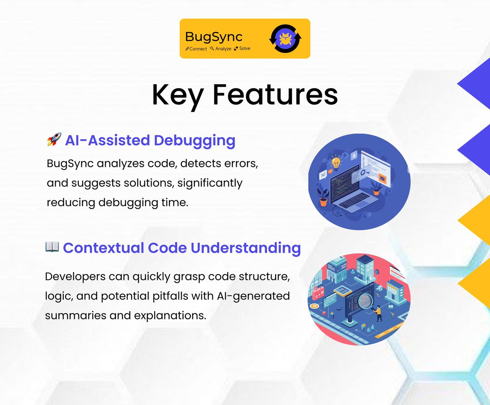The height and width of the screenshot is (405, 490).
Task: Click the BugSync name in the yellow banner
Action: pyautogui.click(x=214, y=36)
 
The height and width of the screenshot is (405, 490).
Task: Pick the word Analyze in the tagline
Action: pyautogui.click(x=223, y=49)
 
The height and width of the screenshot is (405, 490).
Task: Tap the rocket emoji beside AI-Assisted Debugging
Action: pyautogui.click(x=53, y=140)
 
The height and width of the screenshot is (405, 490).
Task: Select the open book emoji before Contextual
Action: pyautogui.click(x=52, y=247)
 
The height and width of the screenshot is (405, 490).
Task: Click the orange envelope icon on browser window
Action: pyautogui.click(x=382, y=178)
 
